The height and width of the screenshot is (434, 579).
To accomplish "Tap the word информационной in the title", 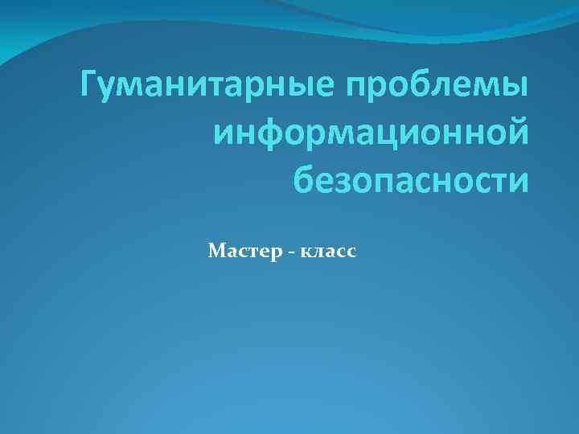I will coord(372,133).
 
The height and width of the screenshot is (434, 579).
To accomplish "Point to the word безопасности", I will coord(411,179).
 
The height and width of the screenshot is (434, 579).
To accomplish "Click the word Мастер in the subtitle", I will coord(240,252).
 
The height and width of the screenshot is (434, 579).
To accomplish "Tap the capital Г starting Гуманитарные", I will coord(90,84).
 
